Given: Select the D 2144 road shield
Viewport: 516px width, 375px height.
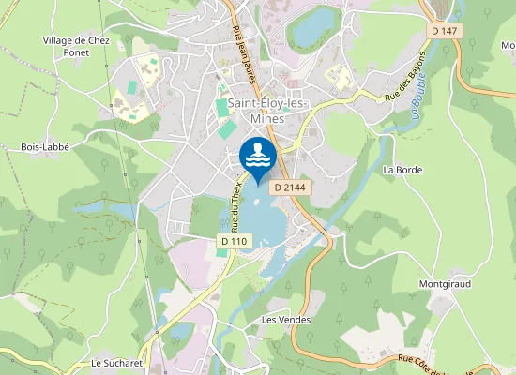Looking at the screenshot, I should click(290, 187).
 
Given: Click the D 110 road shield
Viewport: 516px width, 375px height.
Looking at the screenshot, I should click(235, 241).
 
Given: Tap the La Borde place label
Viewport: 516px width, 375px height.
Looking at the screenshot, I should click(403, 170).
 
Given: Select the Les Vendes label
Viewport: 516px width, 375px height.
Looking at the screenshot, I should click(286, 320).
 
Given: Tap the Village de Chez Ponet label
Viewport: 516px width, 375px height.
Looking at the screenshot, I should click(77, 47).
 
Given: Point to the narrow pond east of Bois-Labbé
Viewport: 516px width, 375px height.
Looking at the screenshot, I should click(103, 205).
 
